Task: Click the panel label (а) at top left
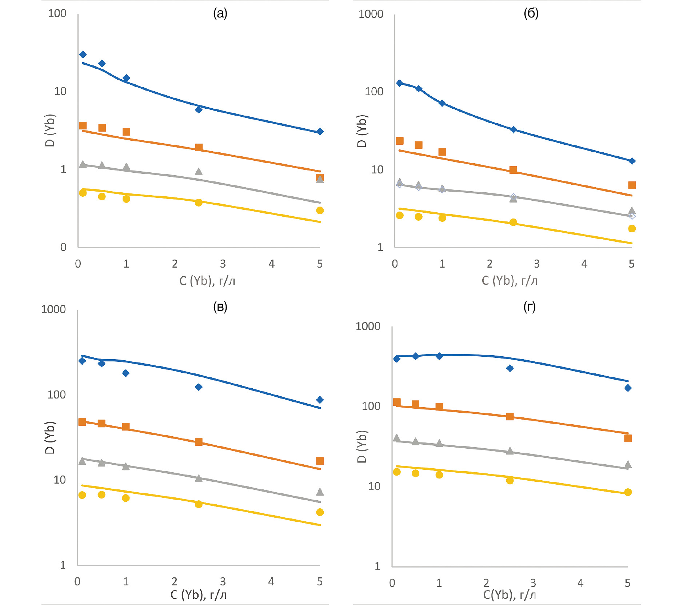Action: coord(220,13)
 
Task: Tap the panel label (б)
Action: coord(531,13)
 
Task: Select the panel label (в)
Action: coord(220,307)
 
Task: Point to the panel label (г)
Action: coord(529,307)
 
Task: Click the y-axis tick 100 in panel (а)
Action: coord(57,13)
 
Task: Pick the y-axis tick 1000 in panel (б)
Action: coord(371,14)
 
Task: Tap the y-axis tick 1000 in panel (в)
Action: coord(53,309)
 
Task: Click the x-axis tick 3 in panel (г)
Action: coord(533,583)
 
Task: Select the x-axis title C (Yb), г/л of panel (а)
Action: coord(207,281)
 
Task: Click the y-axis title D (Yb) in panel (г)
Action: coord(362,446)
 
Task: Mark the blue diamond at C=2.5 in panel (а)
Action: coord(199,109)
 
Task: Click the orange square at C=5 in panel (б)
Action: coord(632,185)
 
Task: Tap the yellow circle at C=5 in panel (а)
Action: coord(320,211)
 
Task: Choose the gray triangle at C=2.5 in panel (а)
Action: coord(199,172)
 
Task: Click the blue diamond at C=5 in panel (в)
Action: coord(320,400)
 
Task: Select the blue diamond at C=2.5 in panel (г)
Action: coord(510,368)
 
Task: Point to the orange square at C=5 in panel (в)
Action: coord(320,461)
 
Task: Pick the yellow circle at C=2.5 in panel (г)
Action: coord(510,481)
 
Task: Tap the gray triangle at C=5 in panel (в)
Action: coord(320,492)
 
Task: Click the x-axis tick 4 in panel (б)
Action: coord(584,264)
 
